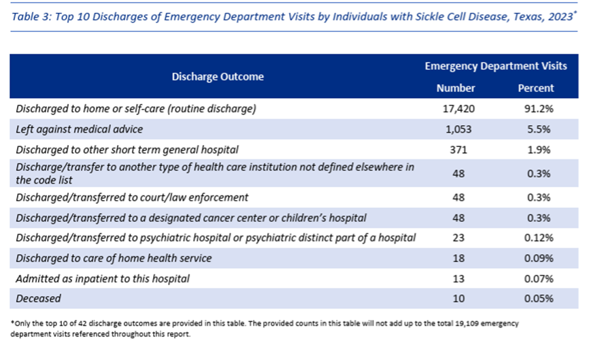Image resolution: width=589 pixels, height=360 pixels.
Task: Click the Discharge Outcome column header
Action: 218,77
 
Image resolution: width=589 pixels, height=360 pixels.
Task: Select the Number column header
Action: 456,88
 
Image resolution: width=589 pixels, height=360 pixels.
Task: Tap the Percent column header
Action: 536,88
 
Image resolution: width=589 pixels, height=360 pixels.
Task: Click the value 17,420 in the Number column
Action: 458,109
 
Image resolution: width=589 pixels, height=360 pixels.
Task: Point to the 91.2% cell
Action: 539,109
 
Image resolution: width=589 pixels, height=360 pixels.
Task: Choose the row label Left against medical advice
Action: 80,129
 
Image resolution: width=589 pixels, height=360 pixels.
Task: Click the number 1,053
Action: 458,129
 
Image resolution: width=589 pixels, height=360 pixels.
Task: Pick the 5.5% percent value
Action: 539,129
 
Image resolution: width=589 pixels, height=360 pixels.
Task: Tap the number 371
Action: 458,150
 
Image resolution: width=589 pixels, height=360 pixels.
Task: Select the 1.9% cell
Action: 539,150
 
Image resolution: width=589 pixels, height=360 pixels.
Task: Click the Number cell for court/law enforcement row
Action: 458,197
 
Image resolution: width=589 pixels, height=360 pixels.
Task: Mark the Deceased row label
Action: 38,298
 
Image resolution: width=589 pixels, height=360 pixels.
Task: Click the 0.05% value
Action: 539,298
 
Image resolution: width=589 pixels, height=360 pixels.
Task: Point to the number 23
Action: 458,238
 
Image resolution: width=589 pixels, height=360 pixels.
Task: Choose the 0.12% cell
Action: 539,238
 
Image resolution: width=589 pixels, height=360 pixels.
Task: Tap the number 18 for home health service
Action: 458,258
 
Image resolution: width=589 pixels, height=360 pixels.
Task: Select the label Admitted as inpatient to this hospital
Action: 103,279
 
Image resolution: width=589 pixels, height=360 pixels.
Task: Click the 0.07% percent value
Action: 539,279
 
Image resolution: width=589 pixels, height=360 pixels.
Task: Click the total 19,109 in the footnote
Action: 467,323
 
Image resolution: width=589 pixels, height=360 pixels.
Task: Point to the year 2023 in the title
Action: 560,16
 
